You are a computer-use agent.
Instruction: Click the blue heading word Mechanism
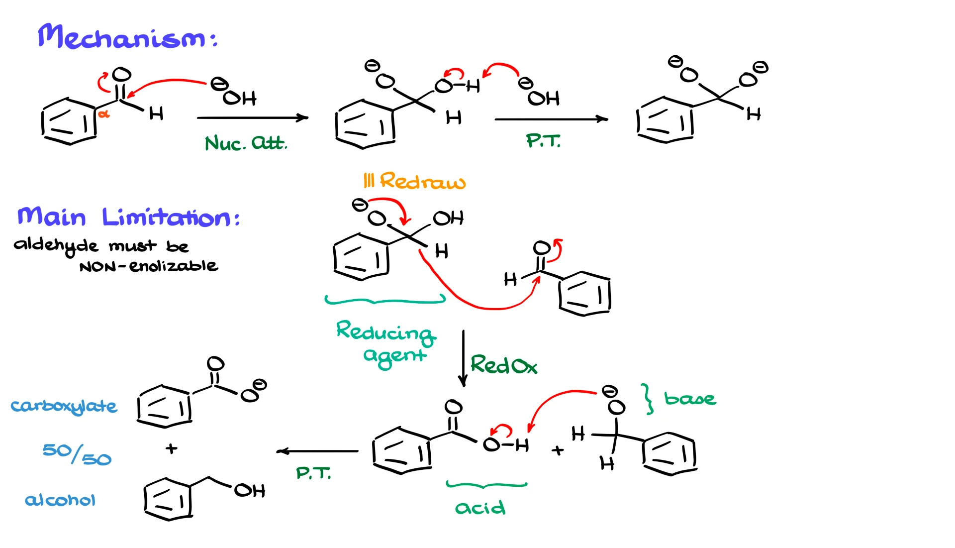pos(122,38)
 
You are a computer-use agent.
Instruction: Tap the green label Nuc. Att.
pos(246,143)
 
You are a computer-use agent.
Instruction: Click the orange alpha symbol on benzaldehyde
pos(103,114)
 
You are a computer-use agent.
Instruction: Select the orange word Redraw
pos(422,181)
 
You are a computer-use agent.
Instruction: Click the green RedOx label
pos(503,365)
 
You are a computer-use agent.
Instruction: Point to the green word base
pos(690,398)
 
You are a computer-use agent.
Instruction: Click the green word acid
pos(480,507)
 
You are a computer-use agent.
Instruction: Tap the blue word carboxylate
pos(64,406)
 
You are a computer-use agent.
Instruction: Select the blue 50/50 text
pos(77,453)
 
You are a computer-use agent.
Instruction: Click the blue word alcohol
pos(60,500)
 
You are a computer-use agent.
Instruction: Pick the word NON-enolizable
pos(148,266)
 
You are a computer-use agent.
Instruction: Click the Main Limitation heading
pos(128,218)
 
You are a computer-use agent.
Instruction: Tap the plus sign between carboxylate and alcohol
pos(172,448)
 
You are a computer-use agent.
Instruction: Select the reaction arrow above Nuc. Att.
pos(252,118)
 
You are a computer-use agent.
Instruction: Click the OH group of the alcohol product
pos(250,491)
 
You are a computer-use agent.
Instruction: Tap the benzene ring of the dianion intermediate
pos(665,120)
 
